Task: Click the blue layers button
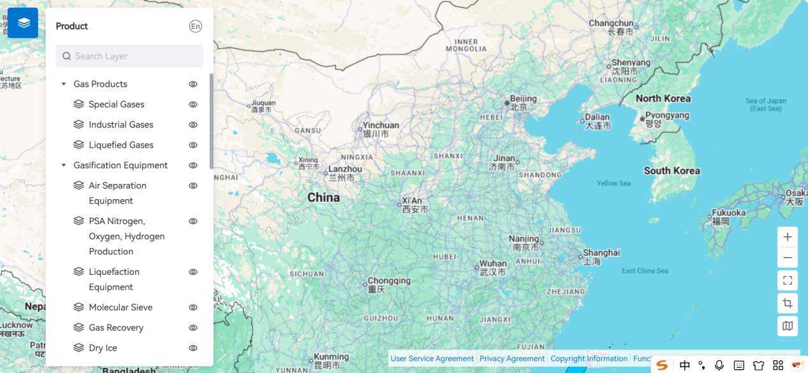coord(23,23)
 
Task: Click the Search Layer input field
coord(130,56)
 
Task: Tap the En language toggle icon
coord(196,26)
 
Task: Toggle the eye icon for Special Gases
coord(193,104)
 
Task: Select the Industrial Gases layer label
coord(121,125)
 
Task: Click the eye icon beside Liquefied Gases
coord(193,145)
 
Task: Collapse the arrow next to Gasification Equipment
coord(64,165)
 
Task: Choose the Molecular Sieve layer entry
coord(120,307)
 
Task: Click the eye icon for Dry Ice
coord(193,348)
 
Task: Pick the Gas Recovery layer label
coord(116,328)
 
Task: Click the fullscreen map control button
coord(788,280)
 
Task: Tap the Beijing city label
coord(523,99)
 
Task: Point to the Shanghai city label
coord(601,253)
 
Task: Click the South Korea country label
coord(672,171)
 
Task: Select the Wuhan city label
coord(493,264)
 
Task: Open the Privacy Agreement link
coord(512,358)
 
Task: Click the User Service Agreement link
coord(432,358)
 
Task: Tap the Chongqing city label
coord(389,281)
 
